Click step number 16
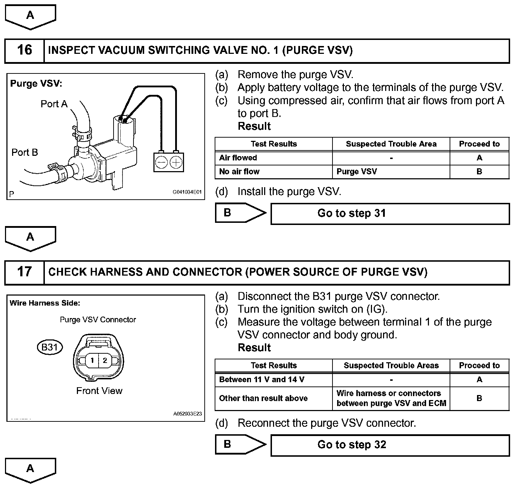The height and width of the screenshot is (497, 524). (24, 50)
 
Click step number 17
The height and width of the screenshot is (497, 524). (24, 272)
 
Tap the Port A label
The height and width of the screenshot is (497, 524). (54, 104)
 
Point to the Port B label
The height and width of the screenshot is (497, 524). (25, 152)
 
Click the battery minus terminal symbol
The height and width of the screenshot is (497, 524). (162, 163)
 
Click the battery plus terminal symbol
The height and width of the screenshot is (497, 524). (176, 163)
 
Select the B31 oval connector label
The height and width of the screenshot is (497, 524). (50, 347)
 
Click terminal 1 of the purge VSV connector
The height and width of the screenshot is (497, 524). (92, 360)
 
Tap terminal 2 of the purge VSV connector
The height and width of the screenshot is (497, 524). (105, 360)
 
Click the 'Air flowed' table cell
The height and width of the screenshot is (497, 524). (238, 158)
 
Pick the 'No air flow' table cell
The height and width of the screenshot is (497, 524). (239, 171)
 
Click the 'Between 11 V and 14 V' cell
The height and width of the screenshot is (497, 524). (262, 380)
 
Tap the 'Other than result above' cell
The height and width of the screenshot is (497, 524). (263, 398)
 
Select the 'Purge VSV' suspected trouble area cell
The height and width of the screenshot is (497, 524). (357, 171)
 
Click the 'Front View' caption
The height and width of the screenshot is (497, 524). (99, 391)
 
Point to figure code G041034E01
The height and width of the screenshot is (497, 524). (187, 192)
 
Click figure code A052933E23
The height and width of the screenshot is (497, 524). (188, 414)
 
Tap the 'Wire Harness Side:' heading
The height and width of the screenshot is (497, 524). (45, 303)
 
